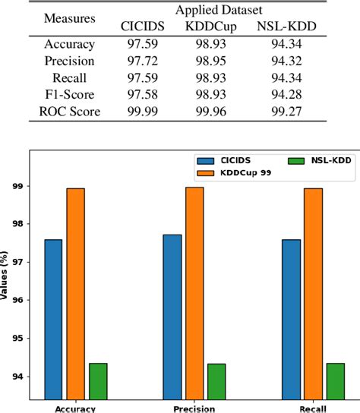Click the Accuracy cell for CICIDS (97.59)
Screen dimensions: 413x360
click(141, 44)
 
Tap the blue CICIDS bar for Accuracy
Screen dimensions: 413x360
click(53, 319)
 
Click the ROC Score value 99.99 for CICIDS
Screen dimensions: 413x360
click(141, 112)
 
